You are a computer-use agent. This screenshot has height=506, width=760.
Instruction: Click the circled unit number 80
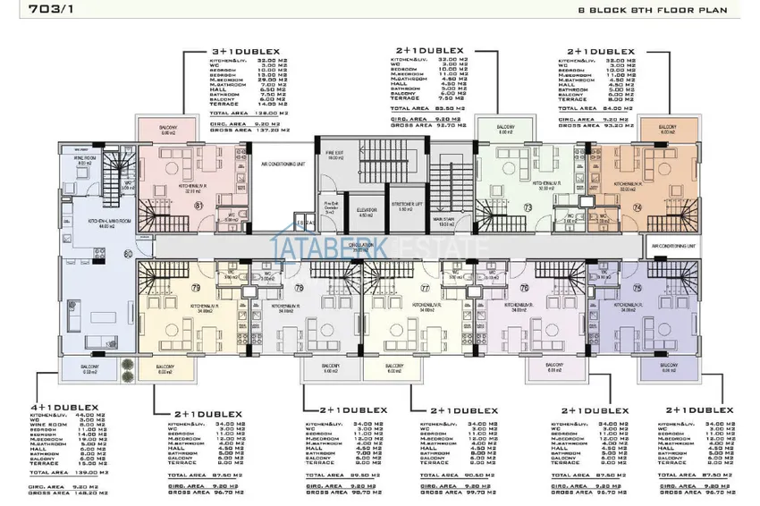point(129,255)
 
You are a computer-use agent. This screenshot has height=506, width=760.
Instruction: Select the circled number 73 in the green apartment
point(527,207)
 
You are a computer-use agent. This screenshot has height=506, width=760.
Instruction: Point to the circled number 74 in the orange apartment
point(636,207)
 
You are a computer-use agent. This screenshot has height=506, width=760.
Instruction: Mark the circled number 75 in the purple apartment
point(636,288)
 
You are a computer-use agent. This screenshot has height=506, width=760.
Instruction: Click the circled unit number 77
point(426,288)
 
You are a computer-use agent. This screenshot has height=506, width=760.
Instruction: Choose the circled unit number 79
point(196,288)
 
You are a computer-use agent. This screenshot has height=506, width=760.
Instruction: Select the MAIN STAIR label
point(442,222)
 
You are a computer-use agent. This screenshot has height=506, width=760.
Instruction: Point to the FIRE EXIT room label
point(336,153)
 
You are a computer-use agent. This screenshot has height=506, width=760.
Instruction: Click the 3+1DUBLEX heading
point(245,53)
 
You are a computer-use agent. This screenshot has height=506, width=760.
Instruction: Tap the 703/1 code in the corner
point(28,11)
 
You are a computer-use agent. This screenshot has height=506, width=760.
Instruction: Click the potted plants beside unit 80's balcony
point(126,365)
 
